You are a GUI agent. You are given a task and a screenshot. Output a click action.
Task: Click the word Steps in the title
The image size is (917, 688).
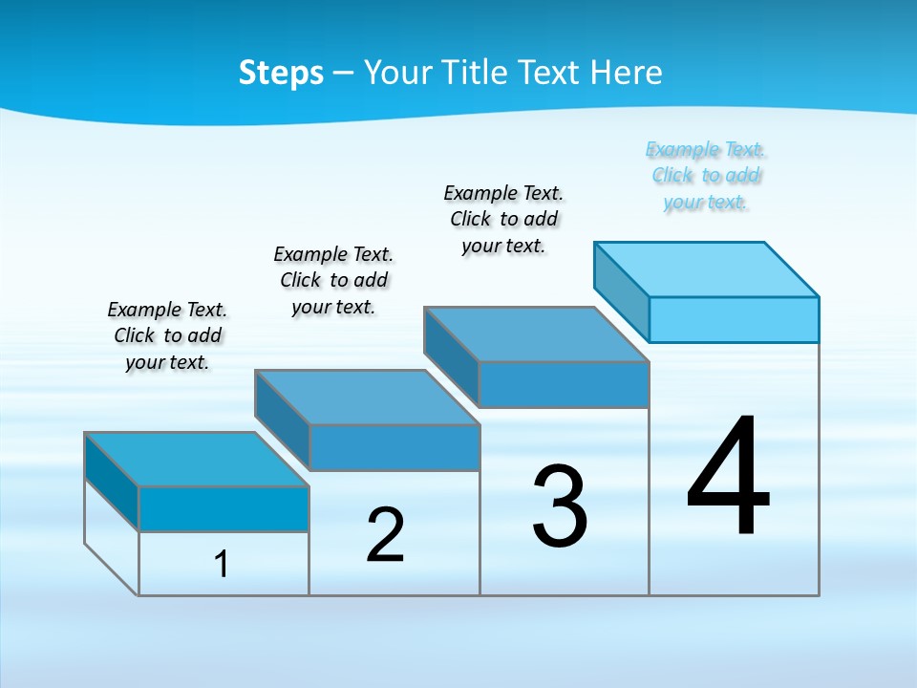[281, 73]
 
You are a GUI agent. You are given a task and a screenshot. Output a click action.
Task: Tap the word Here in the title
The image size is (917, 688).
[627, 73]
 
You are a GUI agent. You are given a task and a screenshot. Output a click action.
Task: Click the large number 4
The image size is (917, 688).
[728, 478]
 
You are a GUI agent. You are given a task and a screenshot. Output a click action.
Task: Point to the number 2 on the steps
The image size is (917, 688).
[385, 535]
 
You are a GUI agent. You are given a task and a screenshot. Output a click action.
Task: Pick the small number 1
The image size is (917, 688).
[222, 564]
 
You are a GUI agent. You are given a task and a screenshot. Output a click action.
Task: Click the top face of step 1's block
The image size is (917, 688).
[196, 460]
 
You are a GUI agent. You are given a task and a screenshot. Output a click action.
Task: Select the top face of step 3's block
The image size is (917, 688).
[536, 334]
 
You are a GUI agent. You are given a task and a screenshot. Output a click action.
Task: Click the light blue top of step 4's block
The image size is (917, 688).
[706, 269]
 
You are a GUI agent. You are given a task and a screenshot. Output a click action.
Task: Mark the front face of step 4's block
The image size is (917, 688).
[734, 319]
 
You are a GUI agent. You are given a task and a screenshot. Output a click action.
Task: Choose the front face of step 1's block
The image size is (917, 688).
[224, 508]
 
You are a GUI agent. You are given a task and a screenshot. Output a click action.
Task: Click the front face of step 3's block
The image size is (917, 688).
[564, 384]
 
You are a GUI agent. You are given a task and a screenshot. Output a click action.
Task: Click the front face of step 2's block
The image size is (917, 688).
[395, 447]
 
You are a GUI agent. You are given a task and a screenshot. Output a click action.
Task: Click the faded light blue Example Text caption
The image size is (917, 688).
[706, 176]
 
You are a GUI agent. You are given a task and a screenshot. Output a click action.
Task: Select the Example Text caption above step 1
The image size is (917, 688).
[167, 335]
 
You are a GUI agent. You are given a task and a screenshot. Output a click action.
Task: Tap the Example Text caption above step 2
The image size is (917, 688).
[333, 280]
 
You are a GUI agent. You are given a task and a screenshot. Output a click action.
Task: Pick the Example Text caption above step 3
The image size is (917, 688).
[503, 219]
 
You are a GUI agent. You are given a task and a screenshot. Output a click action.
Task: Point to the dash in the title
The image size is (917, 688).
[343, 73]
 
